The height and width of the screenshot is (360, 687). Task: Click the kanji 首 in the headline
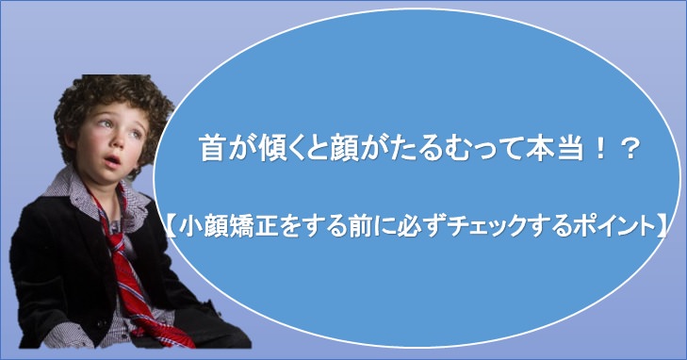tap(212, 150)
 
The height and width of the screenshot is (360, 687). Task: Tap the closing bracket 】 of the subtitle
tap(663, 225)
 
